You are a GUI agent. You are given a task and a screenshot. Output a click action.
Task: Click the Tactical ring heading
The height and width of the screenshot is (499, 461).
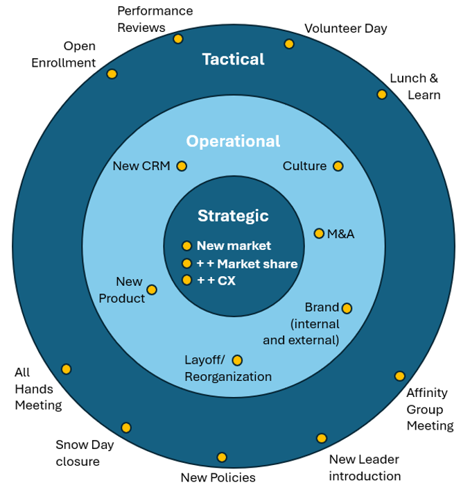[x=233, y=60]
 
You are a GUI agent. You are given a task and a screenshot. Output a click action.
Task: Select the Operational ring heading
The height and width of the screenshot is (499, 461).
[x=233, y=142]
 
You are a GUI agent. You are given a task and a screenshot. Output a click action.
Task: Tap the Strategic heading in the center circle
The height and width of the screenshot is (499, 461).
[x=233, y=216]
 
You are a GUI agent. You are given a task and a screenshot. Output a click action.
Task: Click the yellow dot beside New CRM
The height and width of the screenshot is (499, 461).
[x=182, y=167]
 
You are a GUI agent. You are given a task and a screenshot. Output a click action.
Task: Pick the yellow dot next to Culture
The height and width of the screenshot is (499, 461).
[x=338, y=167]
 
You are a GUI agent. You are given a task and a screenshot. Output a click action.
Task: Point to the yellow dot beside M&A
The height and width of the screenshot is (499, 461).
[x=319, y=234]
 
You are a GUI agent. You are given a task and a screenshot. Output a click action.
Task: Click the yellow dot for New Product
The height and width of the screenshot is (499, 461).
[x=152, y=289]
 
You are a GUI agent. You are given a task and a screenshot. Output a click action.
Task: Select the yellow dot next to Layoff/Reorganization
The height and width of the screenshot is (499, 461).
[x=237, y=360]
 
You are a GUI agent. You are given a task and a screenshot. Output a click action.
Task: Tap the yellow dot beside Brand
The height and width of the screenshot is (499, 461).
[x=347, y=308]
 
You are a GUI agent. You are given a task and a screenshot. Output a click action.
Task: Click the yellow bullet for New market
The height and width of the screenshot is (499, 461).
[x=186, y=246]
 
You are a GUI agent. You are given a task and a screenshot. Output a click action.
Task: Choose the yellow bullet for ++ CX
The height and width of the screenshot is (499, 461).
[x=186, y=280]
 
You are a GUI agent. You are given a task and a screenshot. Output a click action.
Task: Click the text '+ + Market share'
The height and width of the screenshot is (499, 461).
[x=247, y=264]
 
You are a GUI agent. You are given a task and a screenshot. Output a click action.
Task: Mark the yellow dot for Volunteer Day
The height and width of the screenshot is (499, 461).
[x=289, y=44]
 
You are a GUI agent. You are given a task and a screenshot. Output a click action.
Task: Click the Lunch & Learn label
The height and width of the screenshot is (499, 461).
[x=415, y=87]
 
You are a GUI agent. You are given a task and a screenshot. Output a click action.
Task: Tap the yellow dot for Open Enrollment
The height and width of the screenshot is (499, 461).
[x=112, y=74]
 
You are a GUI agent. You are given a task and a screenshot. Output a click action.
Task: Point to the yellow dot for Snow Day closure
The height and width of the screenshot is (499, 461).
[x=126, y=428]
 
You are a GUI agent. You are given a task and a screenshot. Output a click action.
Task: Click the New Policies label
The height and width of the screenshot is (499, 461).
[x=218, y=477]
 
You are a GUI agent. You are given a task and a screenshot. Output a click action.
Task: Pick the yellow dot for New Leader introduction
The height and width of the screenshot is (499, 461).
[x=322, y=438]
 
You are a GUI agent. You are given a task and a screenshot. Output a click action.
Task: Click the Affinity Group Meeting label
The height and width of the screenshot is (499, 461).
[x=429, y=409]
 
